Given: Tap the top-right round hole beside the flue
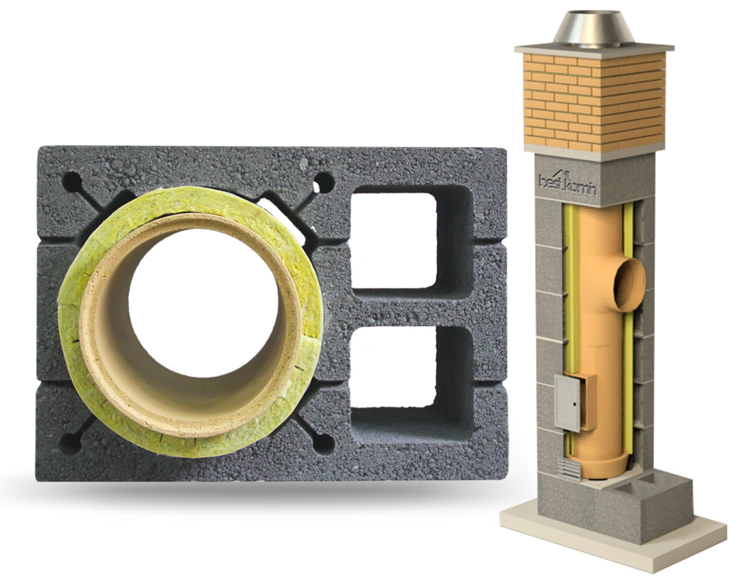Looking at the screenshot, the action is (x=323, y=183).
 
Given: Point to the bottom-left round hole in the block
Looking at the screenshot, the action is (x=70, y=444).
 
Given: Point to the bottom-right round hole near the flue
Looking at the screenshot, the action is (x=323, y=444).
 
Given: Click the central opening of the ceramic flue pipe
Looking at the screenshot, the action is (x=204, y=303).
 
